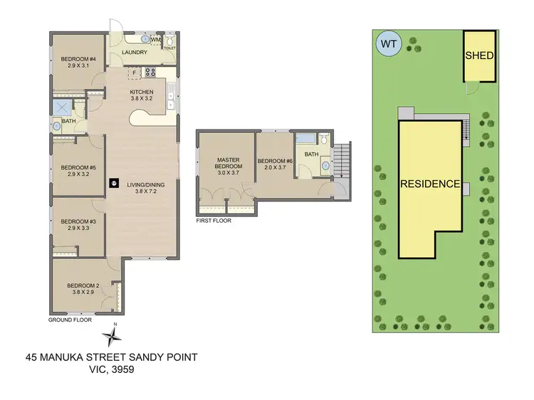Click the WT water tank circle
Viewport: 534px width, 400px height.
tap(387, 44)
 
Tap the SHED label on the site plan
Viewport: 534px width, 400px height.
tap(479, 56)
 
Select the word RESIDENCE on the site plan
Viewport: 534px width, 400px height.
tap(429, 184)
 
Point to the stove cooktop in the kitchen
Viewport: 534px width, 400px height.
tap(150, 71)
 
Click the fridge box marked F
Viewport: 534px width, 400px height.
tap(134, 73)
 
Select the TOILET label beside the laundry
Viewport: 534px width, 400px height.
tap(169, 48)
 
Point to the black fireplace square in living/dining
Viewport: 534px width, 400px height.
tap(112, 183)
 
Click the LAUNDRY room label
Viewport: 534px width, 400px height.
tap(135, 52)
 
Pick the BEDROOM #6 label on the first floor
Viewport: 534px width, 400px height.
tap(275, 161)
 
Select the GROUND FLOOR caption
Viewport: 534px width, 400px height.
tap(68, 320)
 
